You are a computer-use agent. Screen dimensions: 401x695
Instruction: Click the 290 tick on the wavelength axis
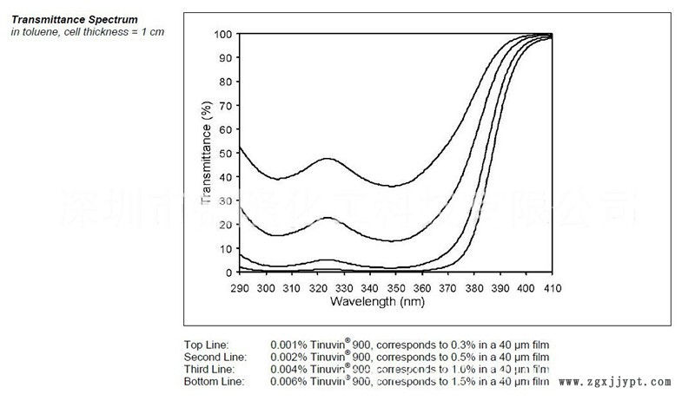[x=240, y=286]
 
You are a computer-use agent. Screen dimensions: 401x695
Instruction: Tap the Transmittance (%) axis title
[x=206, y=153]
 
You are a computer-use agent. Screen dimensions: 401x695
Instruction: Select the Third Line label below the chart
[x=209, y=370]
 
